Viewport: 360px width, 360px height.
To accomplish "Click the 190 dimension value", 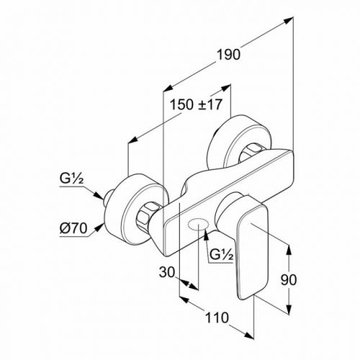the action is click(x=228, y=55).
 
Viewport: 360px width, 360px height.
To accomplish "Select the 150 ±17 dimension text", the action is click(x=196, y=104).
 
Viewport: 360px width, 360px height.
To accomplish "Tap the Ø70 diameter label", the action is click(x=73, y=228).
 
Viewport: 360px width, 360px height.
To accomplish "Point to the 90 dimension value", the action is click(x=289, y=279).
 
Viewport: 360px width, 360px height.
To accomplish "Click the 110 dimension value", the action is click(x=217, y=318).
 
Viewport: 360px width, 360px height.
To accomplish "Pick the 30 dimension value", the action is click(x=167, y=272).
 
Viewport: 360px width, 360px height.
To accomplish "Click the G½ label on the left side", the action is click(x=71, y=179).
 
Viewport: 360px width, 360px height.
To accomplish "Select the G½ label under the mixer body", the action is click(x=221, y=254).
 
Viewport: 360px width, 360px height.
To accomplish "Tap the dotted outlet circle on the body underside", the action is click(x=197, y=224).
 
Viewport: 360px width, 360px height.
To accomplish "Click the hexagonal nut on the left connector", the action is click(x=147, y=214).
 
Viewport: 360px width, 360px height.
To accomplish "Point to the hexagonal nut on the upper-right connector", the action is click(x=251, y=153).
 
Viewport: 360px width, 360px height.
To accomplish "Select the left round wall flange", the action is click(x=135, y=210).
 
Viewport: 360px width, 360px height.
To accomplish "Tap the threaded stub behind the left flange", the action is click(x=109, y=197).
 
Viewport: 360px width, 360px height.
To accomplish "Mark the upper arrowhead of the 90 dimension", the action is click(x=289, y=250).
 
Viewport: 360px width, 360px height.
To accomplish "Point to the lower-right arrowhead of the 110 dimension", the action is click(x=248, y=336).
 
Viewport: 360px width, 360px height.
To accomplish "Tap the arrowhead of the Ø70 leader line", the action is click(x=99, y=228).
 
